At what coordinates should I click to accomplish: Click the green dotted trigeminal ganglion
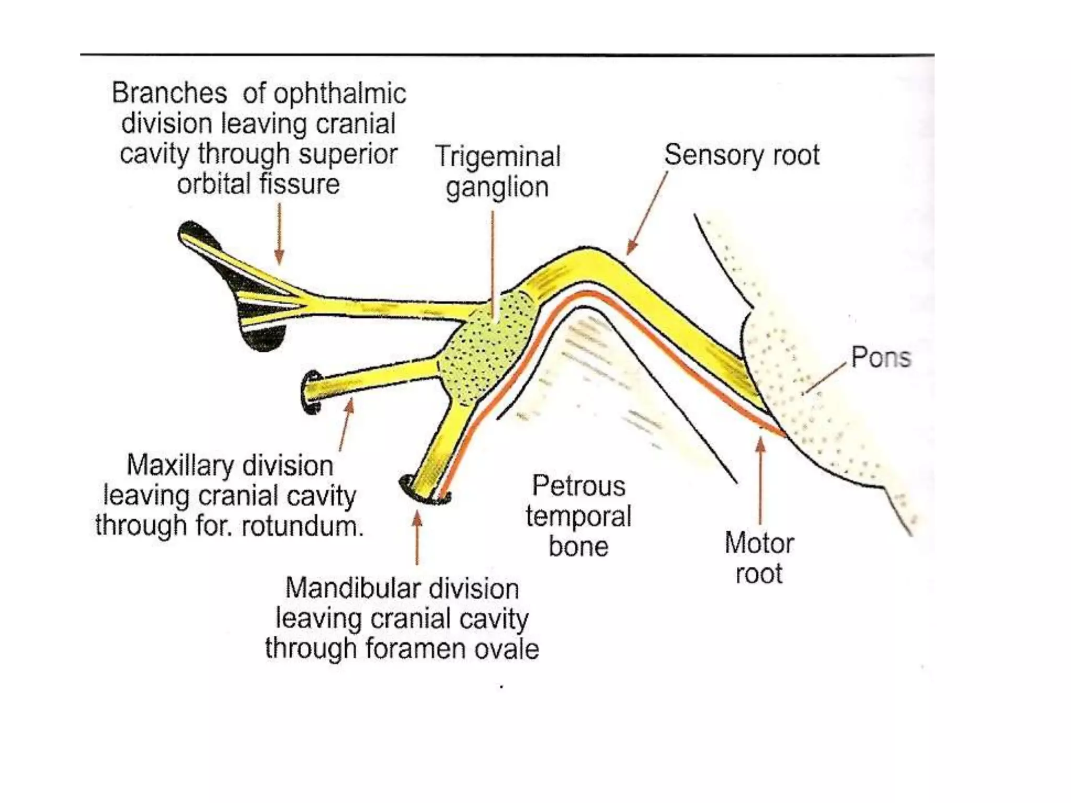[x=489, y=345]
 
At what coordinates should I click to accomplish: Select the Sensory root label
[x=742, y=155]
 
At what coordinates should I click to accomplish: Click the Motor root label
[x=759, y=558]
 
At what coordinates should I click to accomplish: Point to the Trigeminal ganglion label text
[x=497, y=171]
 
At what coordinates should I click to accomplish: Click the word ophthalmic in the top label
[x=339, y=94]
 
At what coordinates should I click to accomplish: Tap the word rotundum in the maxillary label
[x=302, y=526]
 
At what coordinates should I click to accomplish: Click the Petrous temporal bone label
[x=578, y=516]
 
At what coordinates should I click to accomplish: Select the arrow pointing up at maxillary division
[x=346, y=423]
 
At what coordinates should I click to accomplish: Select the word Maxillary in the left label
[x=179, y=466]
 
